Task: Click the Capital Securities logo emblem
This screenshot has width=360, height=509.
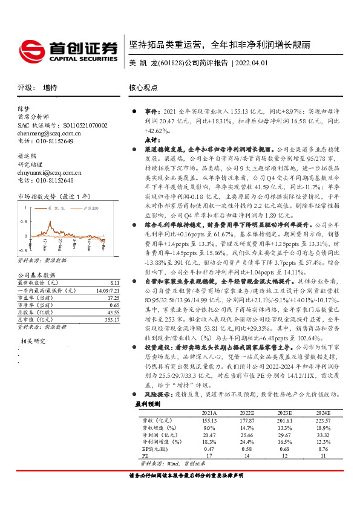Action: click(x=31, y=48)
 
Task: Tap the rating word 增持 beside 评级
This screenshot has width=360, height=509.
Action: click(x=50, y=88)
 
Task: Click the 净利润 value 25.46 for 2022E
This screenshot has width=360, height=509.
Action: click(x=246, y=434)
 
